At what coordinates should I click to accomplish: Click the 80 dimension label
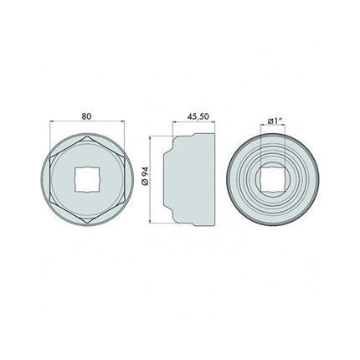pos(87,116)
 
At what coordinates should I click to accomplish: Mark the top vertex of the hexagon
pos(87,136)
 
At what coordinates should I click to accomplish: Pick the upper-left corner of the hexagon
pos(51,157)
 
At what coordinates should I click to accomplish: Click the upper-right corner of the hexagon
pos(123,157)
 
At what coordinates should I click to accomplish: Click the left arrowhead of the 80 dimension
pos(53,124)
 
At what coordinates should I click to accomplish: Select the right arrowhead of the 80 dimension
pos(121,124)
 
